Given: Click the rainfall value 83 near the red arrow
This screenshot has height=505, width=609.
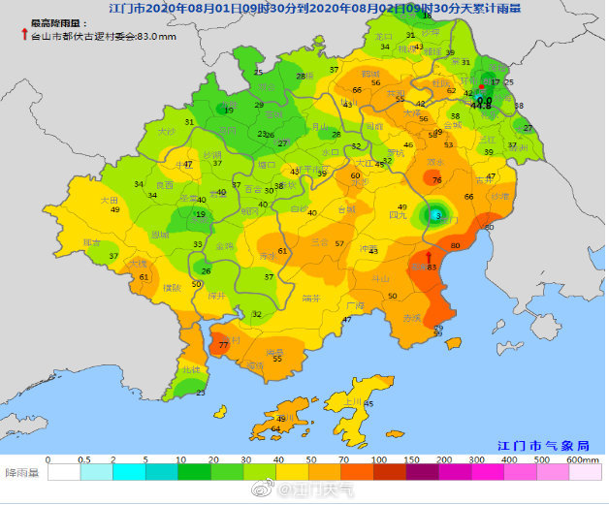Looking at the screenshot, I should pos(432,267).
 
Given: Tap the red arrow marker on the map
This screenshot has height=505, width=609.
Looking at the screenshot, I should pos(429,256).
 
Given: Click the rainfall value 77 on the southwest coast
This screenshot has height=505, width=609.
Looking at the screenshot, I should pos(224,345).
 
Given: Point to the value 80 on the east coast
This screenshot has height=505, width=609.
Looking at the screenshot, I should pos(455,245).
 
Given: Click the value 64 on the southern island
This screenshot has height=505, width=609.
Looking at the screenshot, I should pos(275,428).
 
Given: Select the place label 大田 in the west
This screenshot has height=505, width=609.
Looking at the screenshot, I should pos(110,200).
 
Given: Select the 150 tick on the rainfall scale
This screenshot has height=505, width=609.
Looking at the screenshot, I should pos(411,459).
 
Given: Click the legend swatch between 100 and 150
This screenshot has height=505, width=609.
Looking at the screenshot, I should pos(395,473).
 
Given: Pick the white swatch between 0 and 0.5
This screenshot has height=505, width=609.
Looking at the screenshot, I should pos(63,473).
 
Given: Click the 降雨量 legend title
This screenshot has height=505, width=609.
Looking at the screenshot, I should pos(22,473).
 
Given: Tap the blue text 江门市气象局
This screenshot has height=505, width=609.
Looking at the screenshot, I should pos(541,445).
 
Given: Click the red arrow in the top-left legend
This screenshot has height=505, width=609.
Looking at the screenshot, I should pos(25,34).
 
